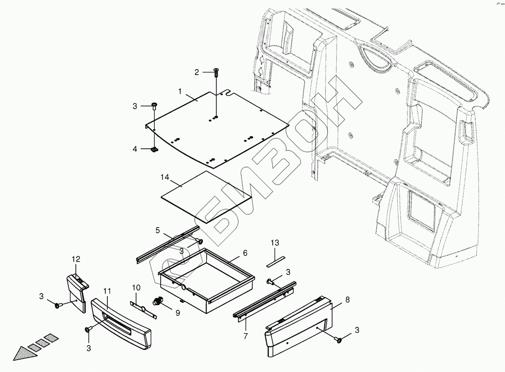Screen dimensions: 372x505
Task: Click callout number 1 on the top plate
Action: tap(180, 91)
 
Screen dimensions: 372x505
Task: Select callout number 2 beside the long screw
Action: tap(196, 72)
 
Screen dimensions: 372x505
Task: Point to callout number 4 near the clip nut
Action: tap(135, 149)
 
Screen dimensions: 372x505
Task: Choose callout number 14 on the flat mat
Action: tap(165, 176)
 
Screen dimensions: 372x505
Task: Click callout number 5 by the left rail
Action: tap(158, 231)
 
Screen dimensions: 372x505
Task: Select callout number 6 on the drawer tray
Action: tap(245, 253)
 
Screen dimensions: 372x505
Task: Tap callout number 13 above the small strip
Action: tap(275, 243)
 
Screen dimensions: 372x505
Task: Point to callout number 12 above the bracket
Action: tap(76, 259)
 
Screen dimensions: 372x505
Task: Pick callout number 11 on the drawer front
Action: tap(107, 291)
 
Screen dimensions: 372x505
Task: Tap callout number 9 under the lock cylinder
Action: tap(177, 313)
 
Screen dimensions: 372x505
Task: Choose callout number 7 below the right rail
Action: tap(245, 336)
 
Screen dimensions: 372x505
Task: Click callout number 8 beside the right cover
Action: tap(347, 300)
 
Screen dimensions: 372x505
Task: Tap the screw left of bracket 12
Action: tap(58, 305)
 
